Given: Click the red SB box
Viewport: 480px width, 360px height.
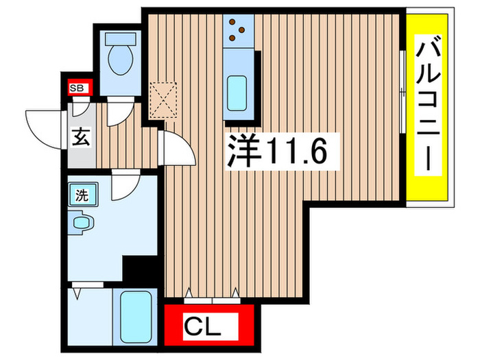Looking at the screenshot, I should click(x=77, y=87).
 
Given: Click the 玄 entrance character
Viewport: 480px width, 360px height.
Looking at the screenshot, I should click(x=80, y=136).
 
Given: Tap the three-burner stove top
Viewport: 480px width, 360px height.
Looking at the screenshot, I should click(x=239, y=28).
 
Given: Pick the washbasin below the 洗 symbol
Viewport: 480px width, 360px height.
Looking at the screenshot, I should click(x=82, y=222).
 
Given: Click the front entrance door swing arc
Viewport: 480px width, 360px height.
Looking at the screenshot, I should click(x=43, y=127).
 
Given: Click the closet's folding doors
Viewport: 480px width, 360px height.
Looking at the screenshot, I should click(x=212, y=296).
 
